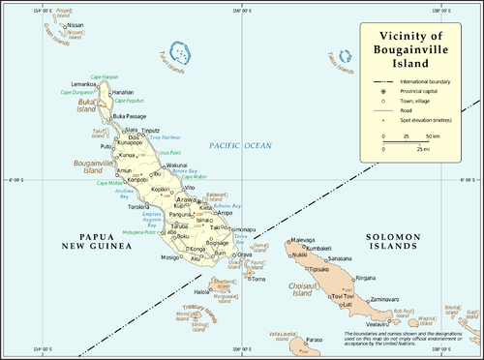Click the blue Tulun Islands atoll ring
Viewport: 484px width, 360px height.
coord(178,50)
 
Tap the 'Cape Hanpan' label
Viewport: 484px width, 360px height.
coord(104,76)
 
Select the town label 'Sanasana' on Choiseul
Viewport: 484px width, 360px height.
coord(340,258)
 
